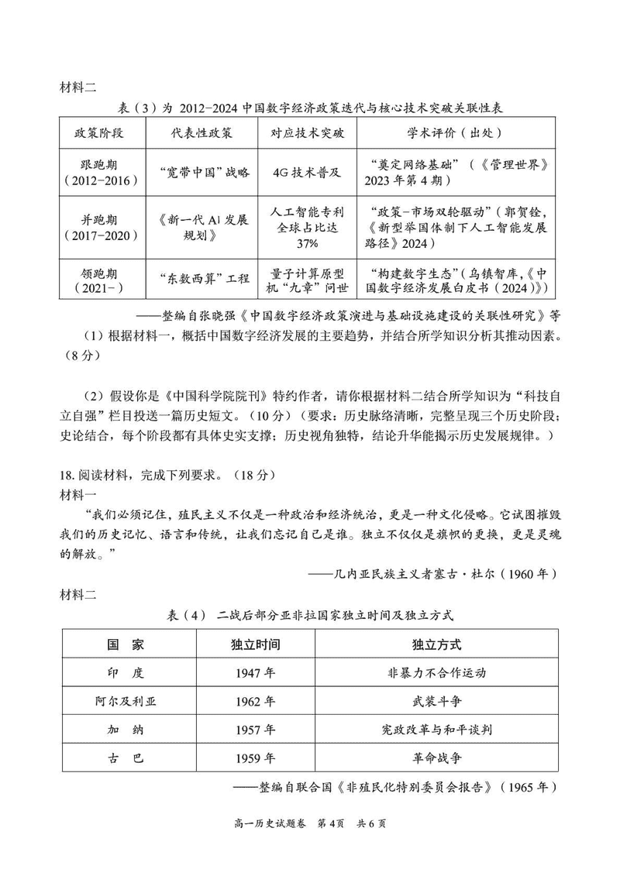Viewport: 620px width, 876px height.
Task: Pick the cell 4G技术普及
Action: point(307,173)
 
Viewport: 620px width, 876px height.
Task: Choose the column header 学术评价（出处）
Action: point(456,132)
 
